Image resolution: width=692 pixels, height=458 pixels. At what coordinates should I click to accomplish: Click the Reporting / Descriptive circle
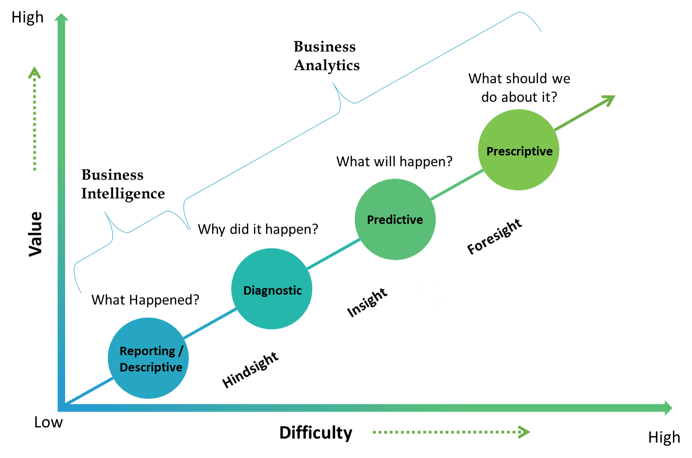148,358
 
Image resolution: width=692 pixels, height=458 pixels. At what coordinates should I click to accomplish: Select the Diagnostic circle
272,289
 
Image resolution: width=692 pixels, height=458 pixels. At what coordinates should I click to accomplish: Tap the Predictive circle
395,219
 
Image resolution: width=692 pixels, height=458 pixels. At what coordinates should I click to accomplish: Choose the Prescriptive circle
519,150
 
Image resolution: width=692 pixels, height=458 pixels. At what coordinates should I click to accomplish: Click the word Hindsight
250,370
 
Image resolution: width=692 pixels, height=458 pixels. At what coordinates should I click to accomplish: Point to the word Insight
367,303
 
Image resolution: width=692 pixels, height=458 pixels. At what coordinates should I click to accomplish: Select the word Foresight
494,237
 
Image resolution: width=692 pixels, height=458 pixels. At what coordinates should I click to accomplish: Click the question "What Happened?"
145,300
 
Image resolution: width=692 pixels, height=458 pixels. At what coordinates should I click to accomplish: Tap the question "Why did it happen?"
258,229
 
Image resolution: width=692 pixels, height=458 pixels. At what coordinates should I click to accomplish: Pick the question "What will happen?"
394,162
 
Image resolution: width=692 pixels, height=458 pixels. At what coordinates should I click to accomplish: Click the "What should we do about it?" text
519,88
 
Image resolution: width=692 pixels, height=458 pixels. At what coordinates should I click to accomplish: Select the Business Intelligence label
123,184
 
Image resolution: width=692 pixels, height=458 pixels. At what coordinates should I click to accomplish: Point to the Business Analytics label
326,56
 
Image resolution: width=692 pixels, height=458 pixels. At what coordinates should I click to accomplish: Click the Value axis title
36,234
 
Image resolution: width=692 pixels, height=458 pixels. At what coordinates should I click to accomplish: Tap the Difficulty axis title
316,433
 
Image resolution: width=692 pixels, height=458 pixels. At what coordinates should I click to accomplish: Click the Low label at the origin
48,422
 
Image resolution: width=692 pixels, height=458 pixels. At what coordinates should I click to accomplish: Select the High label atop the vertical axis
27,18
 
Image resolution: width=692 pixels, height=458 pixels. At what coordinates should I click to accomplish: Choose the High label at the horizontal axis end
664,438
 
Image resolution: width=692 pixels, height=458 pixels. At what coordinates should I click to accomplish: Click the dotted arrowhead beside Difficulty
525,432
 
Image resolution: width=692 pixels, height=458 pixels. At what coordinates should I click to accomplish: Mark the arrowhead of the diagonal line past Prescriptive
609,100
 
